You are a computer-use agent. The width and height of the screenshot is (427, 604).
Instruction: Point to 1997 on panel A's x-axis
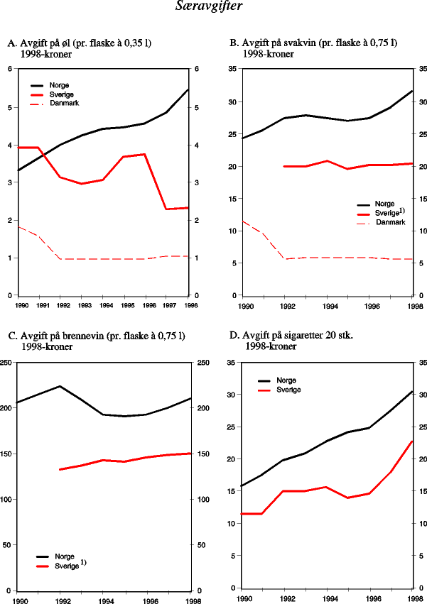tap(168, 305)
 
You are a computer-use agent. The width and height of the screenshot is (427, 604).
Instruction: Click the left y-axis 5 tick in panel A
tap(9, 107)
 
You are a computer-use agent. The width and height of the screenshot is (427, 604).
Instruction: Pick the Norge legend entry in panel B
tap(384, 204)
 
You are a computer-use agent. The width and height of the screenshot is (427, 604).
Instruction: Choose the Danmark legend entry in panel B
tap(390, 222)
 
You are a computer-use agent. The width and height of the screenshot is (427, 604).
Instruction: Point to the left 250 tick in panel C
tap(6, 363)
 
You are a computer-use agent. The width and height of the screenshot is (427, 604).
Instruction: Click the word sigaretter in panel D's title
tap(307, 335)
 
